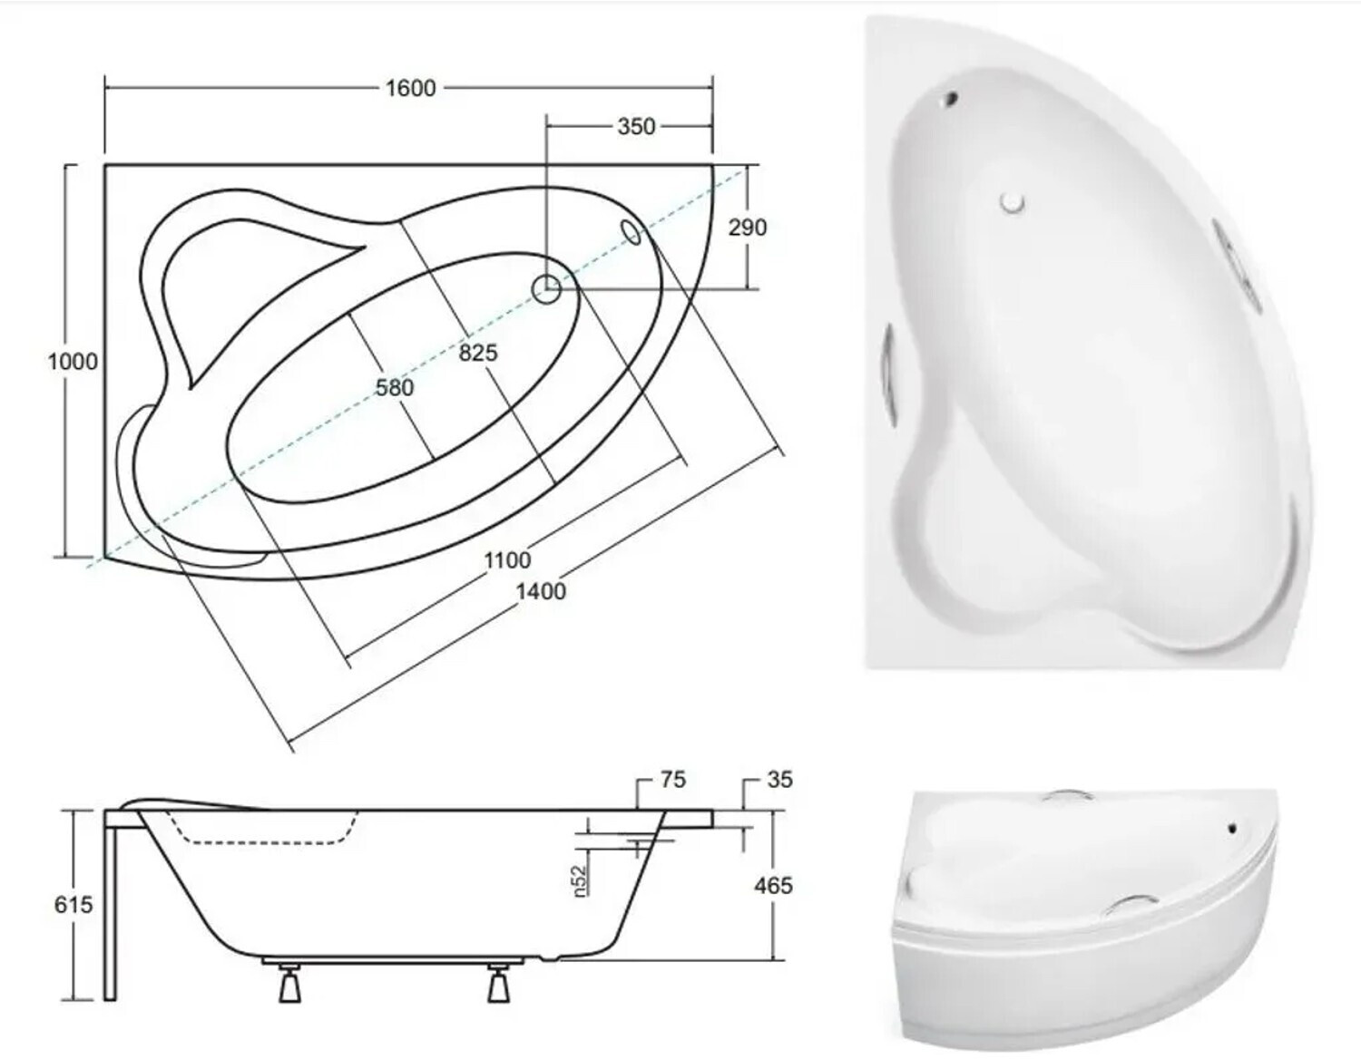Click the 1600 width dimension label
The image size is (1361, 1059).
(x=410, y=88)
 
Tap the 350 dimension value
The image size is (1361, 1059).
(x=636, y=126)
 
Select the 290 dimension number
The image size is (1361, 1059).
(x=748, y=228)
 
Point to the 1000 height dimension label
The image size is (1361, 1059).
(x=73, y=361)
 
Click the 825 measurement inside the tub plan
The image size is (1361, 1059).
(x=478, y=353)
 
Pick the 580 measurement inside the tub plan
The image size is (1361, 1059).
(x=395, y=388)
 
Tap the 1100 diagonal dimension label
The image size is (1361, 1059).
(x=507, y=560)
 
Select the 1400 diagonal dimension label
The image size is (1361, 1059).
(x=541, y=591)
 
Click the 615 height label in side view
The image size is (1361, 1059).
(x=73, y=904)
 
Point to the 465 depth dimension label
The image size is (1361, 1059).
(x=774, y=886)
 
